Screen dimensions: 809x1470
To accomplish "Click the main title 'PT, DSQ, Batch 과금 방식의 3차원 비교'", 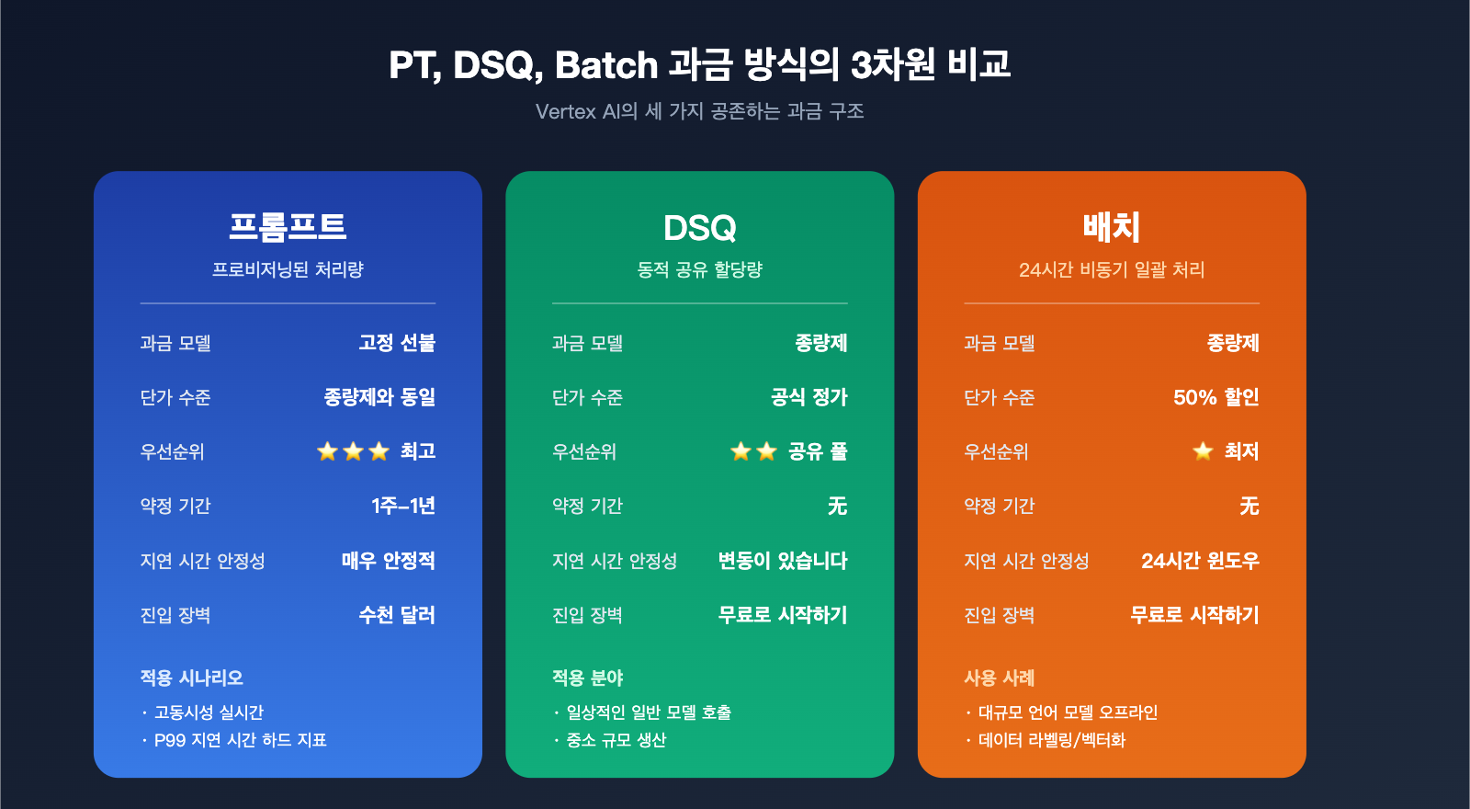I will click(x=699, y=64).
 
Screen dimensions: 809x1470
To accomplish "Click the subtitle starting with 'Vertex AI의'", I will click(x=699, y=111).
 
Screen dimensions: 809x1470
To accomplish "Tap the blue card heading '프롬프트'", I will click(x=288, y=227).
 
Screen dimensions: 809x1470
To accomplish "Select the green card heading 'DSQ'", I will click(x=699, y=228).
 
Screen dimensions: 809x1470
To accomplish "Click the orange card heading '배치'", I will click(x=1112, y=227).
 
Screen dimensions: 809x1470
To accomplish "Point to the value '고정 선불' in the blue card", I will click(x=397, y=343).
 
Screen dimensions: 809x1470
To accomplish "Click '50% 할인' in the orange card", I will click(x=1216, y=397).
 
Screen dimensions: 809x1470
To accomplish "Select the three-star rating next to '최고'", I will click(x=353, y=451).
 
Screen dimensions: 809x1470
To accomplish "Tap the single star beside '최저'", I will click(x=1203, y=451).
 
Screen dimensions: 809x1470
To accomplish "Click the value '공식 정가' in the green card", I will click(x=808, y=397).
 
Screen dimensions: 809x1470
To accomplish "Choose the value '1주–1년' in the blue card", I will click(x=402, y=506).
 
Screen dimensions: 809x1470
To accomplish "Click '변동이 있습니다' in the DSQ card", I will click(x=782, y=560).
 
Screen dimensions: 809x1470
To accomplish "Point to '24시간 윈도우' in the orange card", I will click(x=1199, y=560).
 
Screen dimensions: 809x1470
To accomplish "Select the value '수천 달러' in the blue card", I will click(x=397, y=614).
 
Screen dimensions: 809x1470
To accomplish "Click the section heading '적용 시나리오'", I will click(x=191, y=678).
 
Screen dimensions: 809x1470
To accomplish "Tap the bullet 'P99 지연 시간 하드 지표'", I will click(x=240, y=740).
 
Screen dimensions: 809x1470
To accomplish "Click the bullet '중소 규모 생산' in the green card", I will click(x=616, y=740).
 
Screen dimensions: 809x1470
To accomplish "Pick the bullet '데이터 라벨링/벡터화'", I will click(x=1051, y=740).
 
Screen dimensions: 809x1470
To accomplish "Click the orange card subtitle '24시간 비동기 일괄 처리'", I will click(x=1112, y=269).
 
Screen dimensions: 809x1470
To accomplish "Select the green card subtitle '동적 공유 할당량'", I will click(x=699, y=269).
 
